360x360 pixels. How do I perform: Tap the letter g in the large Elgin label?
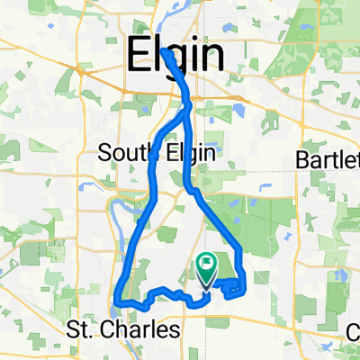(x=175, y=61)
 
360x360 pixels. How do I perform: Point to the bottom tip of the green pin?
(x=207, y=286)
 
